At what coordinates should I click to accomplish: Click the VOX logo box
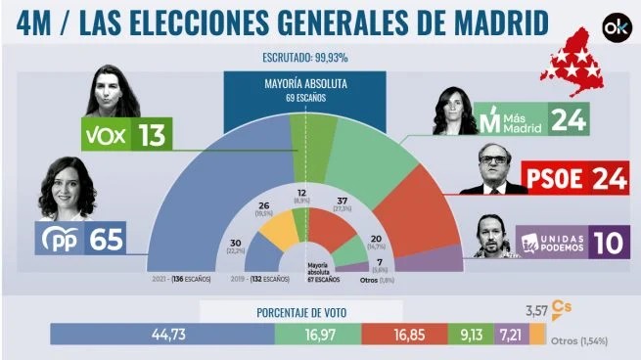point(108,135)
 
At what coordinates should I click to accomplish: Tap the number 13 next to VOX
point(155,135)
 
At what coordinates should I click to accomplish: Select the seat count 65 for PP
point(108,239)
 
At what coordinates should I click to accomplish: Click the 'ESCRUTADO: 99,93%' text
point(308,58)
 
